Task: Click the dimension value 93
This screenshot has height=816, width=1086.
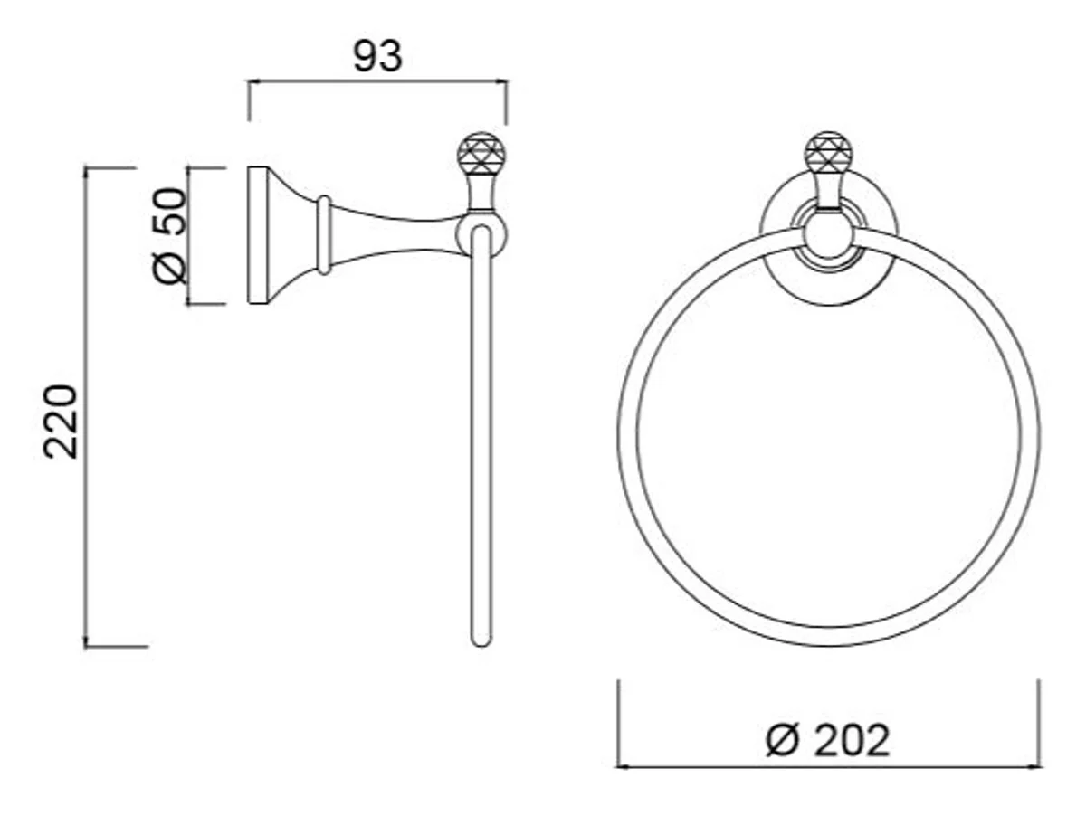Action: point(377,56)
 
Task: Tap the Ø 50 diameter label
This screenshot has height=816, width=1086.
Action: point(169,235)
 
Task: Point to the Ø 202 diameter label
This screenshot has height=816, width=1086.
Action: point(828,741)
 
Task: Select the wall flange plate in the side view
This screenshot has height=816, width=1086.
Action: point(258,235)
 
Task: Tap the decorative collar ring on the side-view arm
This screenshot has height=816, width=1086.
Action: point(323,234)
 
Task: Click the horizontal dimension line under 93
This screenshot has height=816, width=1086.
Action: point(377,81)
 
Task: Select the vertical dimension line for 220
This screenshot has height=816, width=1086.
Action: point(85,407)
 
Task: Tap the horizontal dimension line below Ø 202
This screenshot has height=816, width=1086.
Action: point(828,766)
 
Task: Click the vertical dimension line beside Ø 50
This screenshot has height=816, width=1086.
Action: point(188,235)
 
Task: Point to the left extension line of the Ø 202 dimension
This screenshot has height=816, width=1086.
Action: point(618,724)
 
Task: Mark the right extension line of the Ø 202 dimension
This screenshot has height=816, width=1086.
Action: point(1039,724)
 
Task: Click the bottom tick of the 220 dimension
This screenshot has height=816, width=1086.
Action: point(116,646)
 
